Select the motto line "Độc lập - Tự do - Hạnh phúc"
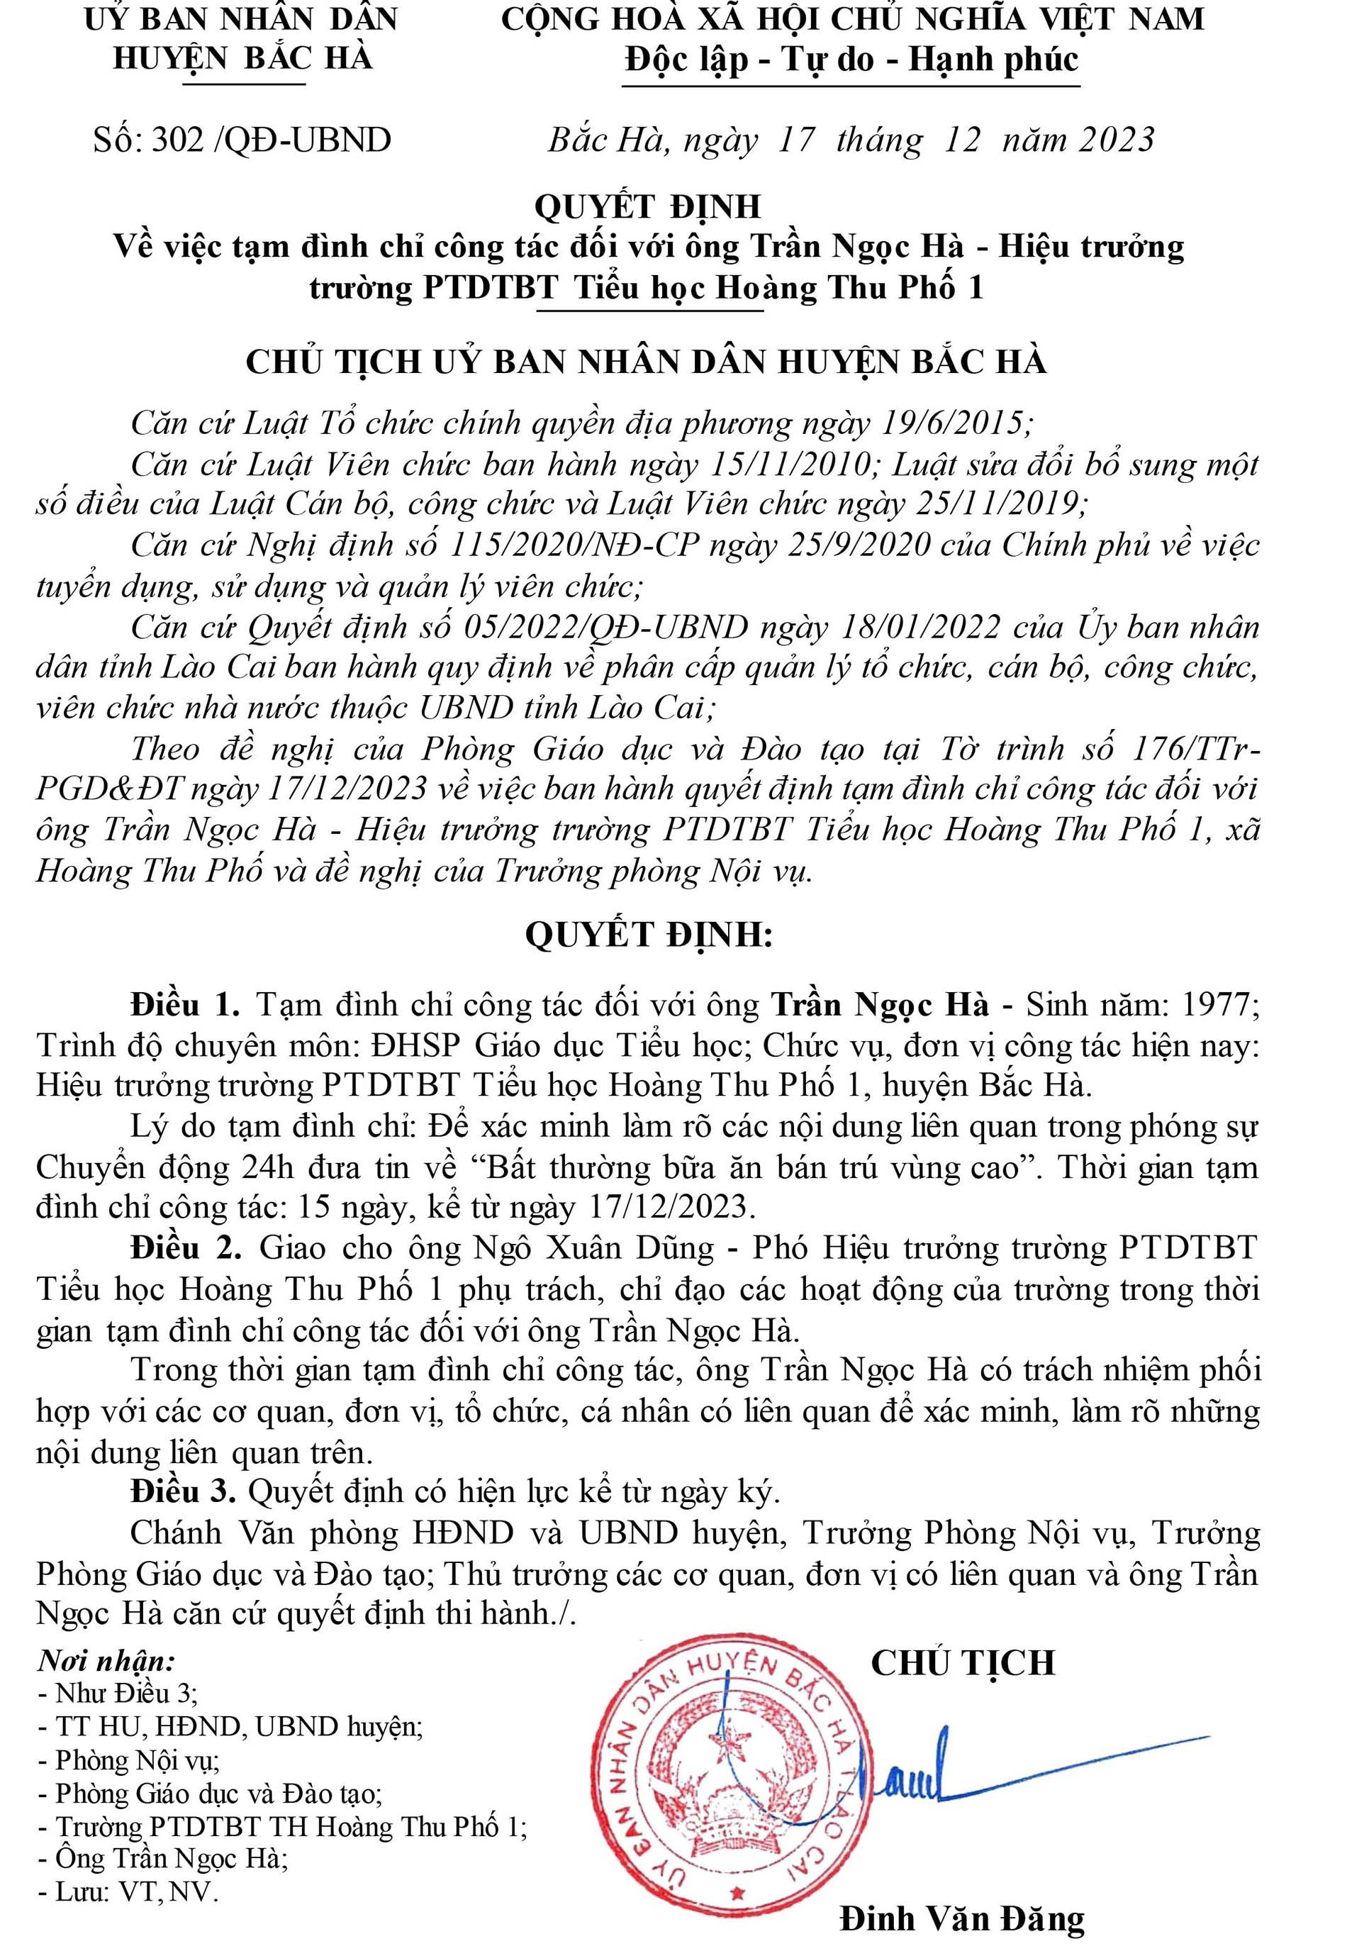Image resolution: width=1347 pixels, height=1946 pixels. click(851, 61)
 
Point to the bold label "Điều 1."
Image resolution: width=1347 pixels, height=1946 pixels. click(186, 1006)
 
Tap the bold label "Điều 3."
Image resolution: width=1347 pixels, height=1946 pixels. click(183, 1493)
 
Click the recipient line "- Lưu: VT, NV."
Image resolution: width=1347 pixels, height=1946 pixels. click(128, 1893)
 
